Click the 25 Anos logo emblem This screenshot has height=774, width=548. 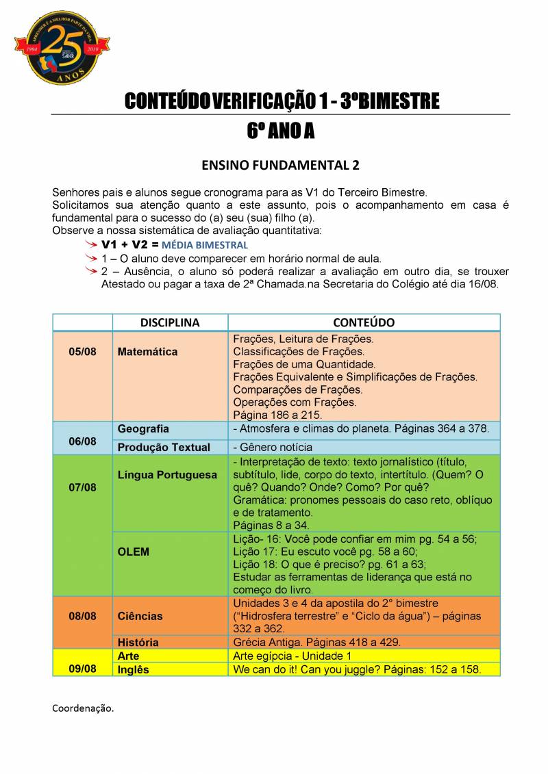point(62,47)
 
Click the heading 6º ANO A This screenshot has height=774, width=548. point(280,131)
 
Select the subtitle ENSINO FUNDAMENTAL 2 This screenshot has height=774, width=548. point(280,166)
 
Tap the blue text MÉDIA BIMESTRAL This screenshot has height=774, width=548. point(205,245)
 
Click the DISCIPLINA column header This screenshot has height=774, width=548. point(170,322)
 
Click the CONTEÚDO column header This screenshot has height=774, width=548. point(364,322)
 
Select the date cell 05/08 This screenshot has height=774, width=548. point(83,352)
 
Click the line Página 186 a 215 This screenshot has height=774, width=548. point(277,415)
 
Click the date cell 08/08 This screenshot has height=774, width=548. point(83,616)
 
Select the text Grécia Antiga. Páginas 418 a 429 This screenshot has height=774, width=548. point(316,643)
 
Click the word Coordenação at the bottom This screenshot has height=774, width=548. point(83,708)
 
